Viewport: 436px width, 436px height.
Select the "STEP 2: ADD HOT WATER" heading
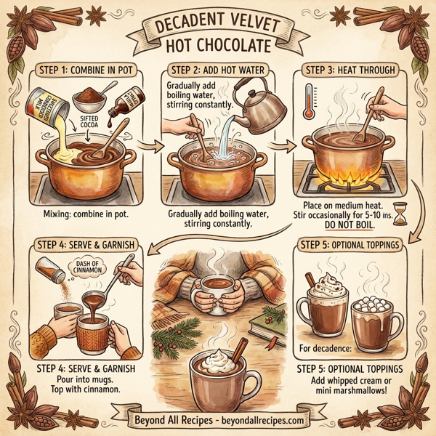point(218,70)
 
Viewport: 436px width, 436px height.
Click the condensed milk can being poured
point(45,106)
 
